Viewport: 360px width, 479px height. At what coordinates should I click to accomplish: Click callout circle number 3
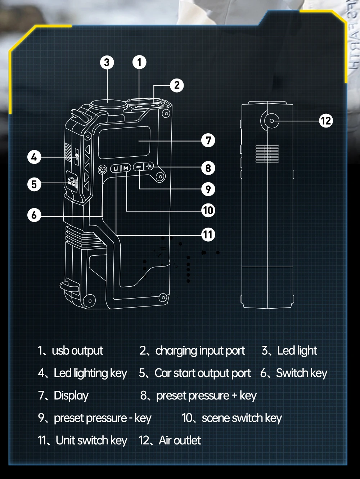(x=107, y=62)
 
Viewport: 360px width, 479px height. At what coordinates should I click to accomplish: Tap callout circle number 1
(x=139, y=62)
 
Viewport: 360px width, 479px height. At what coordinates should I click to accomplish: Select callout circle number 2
(x=176, y=85)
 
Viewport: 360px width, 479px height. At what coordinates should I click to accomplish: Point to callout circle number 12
(x=326, y=121)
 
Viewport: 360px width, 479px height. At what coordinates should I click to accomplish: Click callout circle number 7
(x=208, y=140)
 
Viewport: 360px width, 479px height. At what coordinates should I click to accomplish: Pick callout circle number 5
(x=34, y=184)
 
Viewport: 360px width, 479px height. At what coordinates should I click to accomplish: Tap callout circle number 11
(x=208, y=235)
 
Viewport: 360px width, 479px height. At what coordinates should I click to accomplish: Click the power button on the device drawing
(x=103, y=169)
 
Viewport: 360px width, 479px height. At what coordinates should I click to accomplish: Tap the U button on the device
(x=116, y=168)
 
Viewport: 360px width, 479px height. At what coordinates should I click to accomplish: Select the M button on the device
(x=126, y=168)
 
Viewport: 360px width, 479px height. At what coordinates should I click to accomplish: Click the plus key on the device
(x=149, y=166)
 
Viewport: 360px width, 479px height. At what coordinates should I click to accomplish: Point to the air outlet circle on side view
(x=271, y=121)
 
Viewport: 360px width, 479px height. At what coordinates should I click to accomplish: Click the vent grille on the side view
(x=267, y=154)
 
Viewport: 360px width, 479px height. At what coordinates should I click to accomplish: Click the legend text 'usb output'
(x=77, y=350)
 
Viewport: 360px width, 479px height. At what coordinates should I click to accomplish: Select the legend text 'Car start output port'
(x=202, y=373)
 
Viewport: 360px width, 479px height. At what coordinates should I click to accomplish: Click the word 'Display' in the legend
(x=71, y=395)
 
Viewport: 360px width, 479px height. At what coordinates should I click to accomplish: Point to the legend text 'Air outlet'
(x=180, y=440)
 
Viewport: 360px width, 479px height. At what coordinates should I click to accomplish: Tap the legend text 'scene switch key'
(x=242, y=418)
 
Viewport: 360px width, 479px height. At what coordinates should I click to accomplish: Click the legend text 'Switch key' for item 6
(x=301, y=373)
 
